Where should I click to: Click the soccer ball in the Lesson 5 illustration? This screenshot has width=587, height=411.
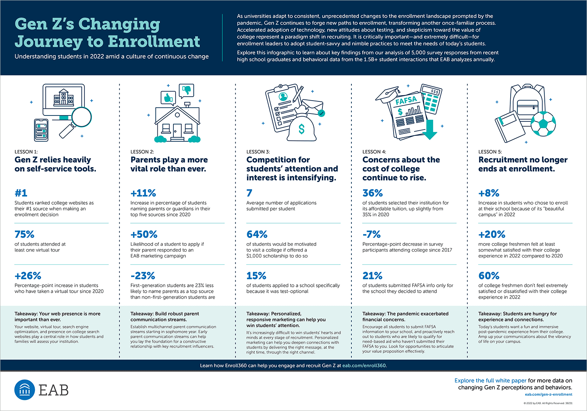click(543, 124)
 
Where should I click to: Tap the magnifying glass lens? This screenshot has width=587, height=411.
click(81, 117)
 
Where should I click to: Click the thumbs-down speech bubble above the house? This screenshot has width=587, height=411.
click(186, 91)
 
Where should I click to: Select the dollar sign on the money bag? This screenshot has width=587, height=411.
click(302, 128)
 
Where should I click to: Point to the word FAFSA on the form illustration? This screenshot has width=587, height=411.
click(406, 100)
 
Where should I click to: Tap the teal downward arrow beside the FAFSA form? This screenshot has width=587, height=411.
click(430, 130)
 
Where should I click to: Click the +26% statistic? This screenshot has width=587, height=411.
click(28, 276)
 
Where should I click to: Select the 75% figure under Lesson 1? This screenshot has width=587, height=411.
click(24, 234)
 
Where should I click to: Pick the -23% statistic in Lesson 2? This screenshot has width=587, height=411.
click(143, 276)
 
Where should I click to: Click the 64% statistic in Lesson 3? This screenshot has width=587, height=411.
click(257, 234)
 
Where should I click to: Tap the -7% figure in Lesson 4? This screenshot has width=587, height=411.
click(372, 234)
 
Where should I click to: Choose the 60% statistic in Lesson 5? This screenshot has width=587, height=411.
click(489, 276)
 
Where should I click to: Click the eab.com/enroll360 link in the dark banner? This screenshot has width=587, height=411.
click(364, 365)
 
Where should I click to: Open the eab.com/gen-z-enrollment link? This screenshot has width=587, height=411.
click(549, 394)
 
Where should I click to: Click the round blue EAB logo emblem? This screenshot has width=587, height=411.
click(25, 390)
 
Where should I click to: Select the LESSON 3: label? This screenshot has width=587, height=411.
click(258, 152)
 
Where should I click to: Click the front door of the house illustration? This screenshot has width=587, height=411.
click(177, 130)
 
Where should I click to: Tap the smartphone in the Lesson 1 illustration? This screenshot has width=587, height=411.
click(41, 130)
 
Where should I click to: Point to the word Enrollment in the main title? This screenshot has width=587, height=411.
click(154, 41)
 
